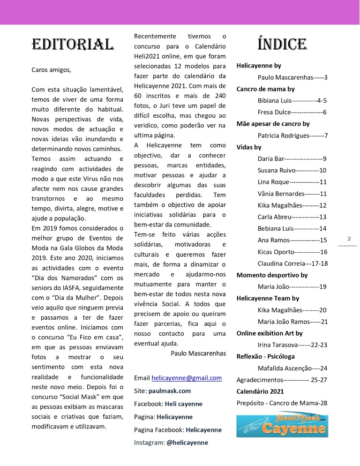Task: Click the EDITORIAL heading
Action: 73,45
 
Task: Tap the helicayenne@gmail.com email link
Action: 187,378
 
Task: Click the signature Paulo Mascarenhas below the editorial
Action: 198,353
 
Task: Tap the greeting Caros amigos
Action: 52,70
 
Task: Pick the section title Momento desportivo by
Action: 272,275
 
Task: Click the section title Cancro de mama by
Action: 265,89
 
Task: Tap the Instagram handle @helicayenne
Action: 187,442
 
